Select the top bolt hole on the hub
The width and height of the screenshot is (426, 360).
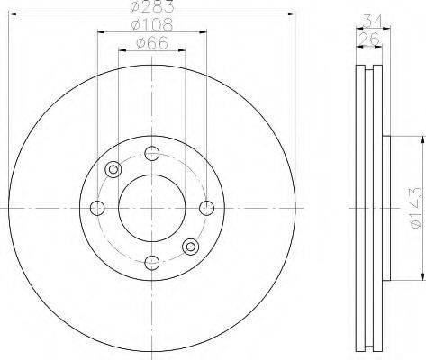point(152,154)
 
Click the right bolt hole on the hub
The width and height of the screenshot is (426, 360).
point(207,209)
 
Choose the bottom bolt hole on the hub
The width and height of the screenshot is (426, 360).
point(152,263)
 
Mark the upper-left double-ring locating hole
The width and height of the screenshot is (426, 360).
point(113,169)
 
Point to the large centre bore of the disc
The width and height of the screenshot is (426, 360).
point(152,209)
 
